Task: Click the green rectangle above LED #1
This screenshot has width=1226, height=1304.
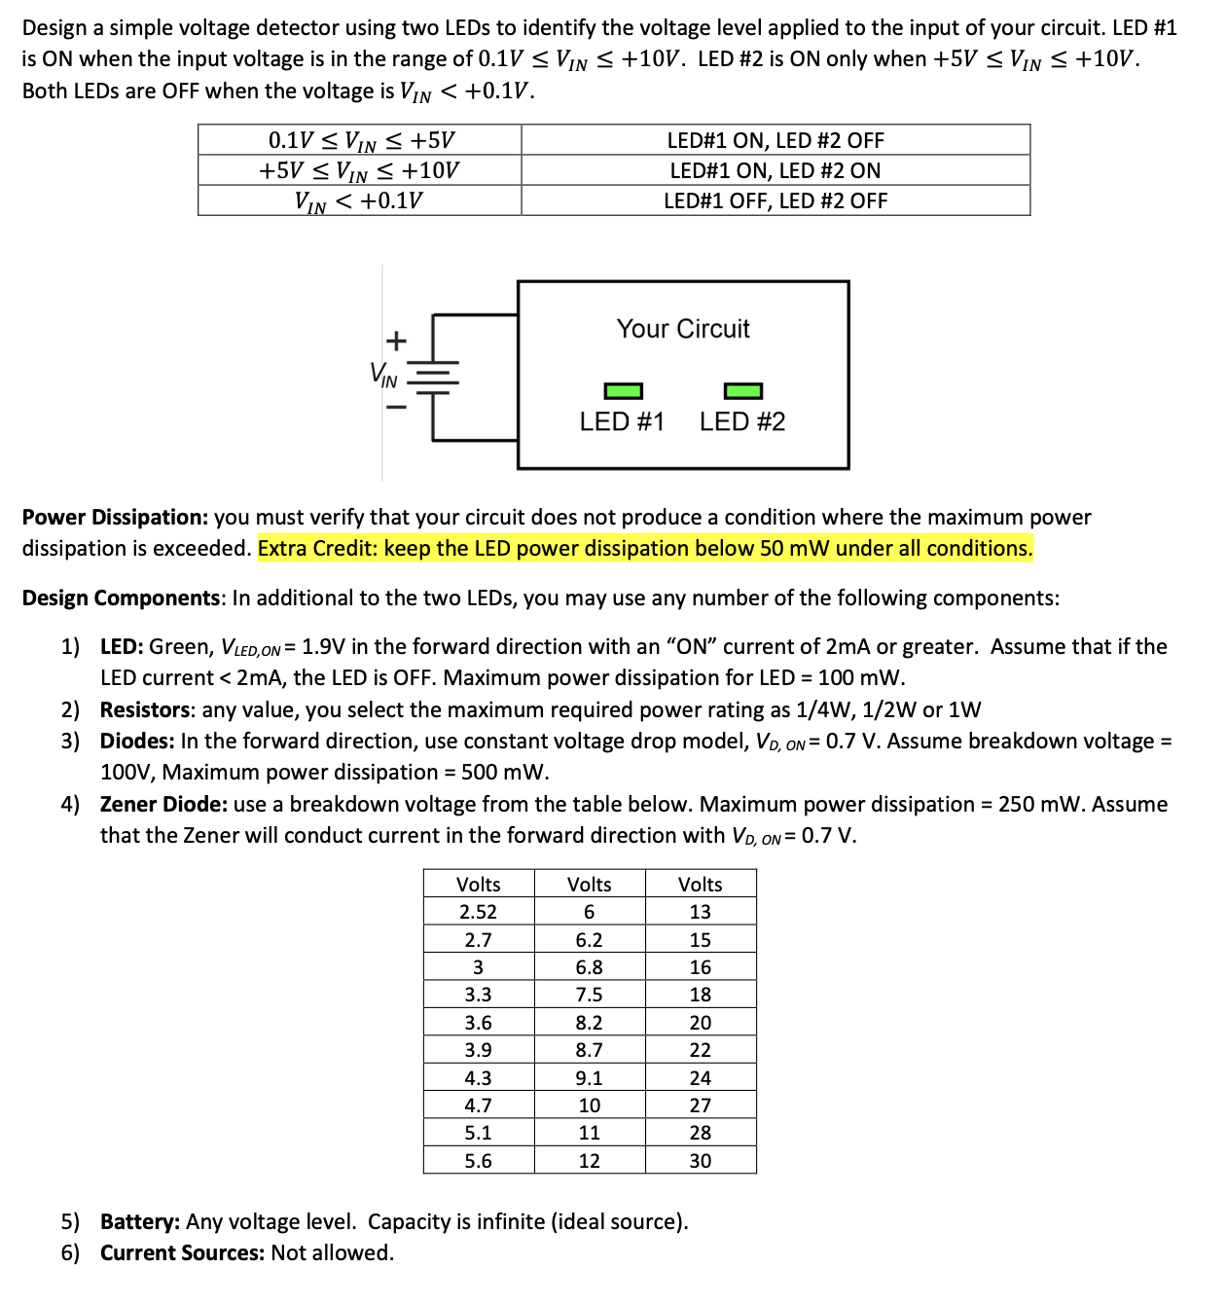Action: [x=623, y=391]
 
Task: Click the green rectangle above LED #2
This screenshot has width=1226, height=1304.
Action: [x=743, y=391]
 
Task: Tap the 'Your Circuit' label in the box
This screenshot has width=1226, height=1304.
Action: [x=683, y=329]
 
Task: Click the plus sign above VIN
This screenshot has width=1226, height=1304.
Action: [x=395, y=341]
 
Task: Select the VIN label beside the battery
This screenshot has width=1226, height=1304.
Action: [x=383, y=375]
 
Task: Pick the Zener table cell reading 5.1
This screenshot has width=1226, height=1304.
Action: [x=478, y=1133]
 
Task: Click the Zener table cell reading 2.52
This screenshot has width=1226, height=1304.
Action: [x=478, y=912]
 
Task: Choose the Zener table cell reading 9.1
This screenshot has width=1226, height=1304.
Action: [x=589, y=1078]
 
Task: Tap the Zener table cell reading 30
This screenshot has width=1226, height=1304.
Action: [x=700, y=1161]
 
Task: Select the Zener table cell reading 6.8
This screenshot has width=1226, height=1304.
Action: [x=589, y=967]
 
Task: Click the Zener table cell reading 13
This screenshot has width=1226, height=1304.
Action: [x=700, y=912]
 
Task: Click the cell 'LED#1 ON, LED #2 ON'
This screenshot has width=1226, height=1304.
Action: [x=775, y=170]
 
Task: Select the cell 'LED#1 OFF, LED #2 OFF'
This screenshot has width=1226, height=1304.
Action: [x=775, y=200]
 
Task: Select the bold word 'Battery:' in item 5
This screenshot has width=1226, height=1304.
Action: [x=140, y=1221]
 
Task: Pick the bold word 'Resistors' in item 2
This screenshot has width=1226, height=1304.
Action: [x=145, y=709]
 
